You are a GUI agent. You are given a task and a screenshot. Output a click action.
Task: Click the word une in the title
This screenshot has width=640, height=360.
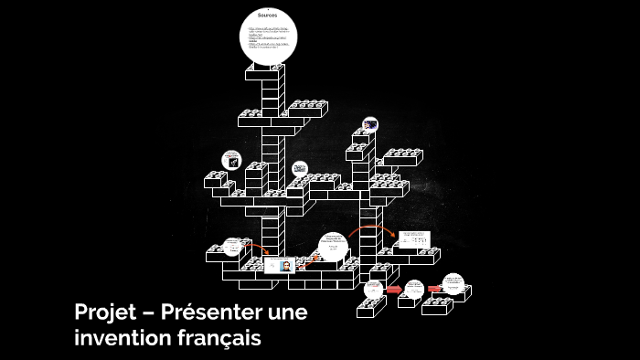pos(288,312)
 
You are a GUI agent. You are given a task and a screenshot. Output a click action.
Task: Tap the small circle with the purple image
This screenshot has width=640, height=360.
pos(369,124)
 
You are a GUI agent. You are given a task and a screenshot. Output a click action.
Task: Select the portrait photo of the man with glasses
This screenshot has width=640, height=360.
pos(285,266)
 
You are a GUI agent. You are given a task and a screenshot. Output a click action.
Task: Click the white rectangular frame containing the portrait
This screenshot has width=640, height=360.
pos(279,266)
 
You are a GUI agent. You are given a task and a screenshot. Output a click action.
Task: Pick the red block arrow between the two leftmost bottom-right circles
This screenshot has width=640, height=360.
pos(393,291)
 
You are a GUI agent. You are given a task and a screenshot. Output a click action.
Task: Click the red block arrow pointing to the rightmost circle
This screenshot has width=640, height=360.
pos(435,289)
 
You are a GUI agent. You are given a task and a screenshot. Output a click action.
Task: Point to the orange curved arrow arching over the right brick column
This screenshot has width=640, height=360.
pos(369,228)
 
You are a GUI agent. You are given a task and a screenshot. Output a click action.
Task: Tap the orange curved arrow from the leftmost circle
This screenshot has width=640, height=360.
pos(255,247)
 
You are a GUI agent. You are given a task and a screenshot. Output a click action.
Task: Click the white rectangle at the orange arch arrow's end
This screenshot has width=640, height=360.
pos(415,240)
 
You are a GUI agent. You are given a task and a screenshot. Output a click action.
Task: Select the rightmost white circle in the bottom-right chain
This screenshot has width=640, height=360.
pos(453,283)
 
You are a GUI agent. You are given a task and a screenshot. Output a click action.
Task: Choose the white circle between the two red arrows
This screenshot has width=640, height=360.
pos(414,288)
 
